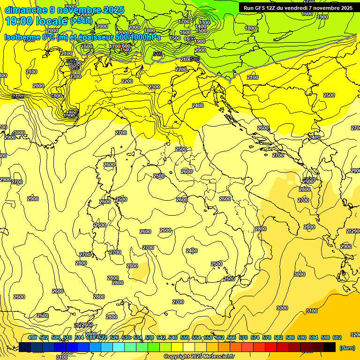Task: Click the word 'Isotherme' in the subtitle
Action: (22, 37)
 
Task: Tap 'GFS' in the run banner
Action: (262, 8)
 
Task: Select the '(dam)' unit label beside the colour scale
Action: (346, 348)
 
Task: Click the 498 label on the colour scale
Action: (32, 337)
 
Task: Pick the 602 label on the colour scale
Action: (337, 337)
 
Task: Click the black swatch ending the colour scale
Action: (330, 347)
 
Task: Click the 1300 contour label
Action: (204, 22)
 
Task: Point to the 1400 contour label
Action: (201, 27)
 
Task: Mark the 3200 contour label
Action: (355, 335)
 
